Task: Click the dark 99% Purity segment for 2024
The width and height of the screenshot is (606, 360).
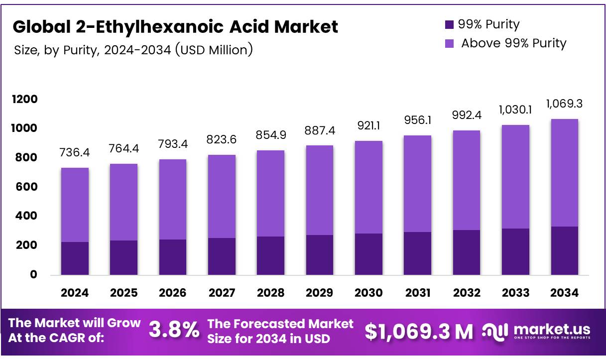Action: click(75, 258)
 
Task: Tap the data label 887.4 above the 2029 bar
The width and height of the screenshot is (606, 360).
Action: click(319, 130)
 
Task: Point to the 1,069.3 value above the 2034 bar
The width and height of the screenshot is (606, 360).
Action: click(564, 104)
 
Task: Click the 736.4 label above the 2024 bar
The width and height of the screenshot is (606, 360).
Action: click(75, 153)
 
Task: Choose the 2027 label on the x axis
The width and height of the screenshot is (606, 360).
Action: click(222, 293)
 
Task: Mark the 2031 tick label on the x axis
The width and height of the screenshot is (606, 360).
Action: click(417, 293)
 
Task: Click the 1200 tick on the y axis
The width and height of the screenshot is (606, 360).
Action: click(24, 100)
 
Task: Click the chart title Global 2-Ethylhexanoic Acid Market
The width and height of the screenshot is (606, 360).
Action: click(175, 26)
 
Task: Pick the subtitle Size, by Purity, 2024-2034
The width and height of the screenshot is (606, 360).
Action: click(132, 50)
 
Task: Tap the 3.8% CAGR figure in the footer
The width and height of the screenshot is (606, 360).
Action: click(174, 331)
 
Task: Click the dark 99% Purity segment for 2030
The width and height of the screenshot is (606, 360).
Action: click(368, 254)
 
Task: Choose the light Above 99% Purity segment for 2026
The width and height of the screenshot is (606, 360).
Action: click(173, 199)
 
